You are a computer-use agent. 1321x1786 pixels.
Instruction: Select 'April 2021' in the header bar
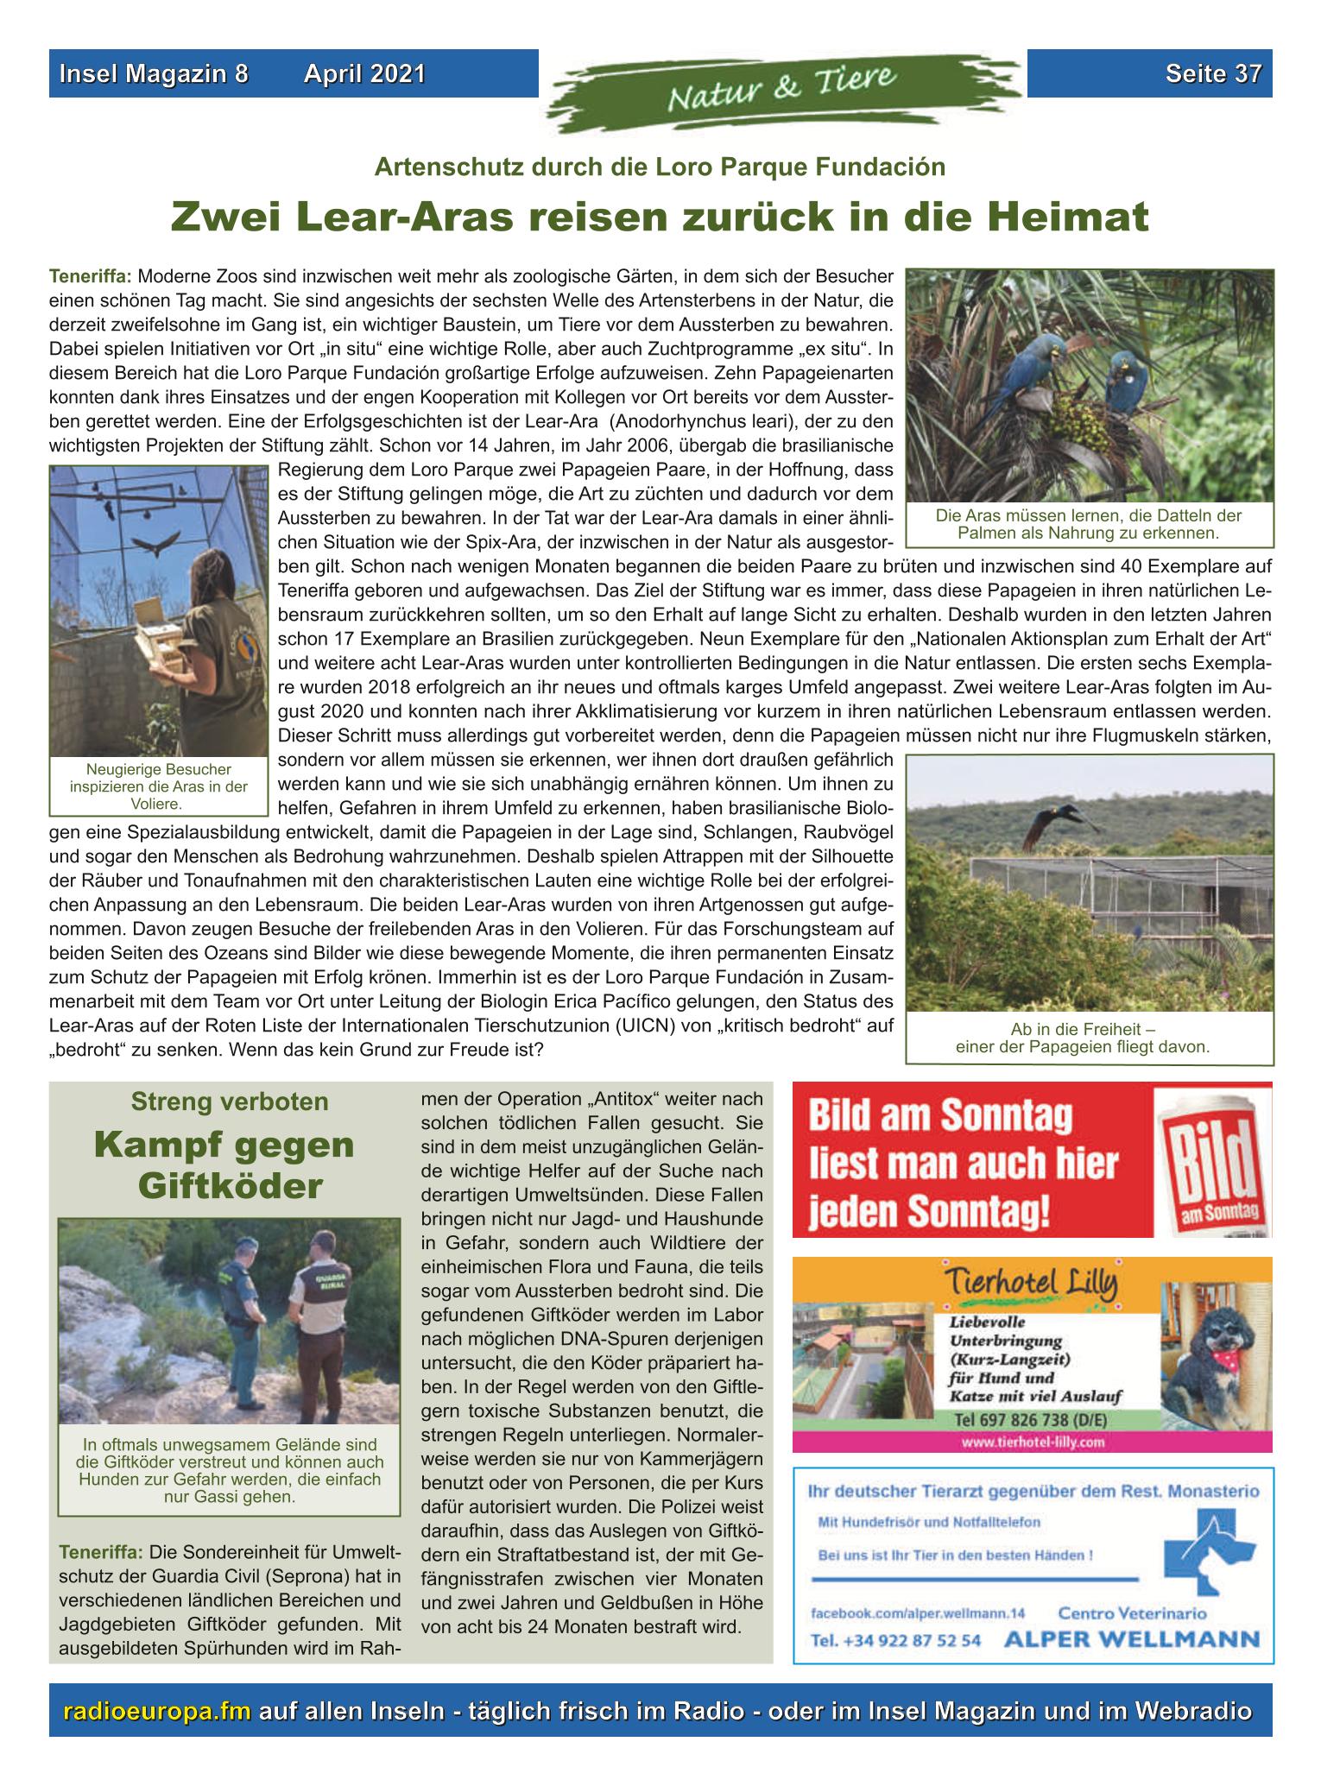364,74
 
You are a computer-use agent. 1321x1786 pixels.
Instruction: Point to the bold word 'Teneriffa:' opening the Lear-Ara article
91,278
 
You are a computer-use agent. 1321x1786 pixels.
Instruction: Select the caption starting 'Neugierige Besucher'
158,786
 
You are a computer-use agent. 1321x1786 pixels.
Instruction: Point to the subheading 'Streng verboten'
229,1102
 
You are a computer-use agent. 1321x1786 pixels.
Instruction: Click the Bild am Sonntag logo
1211,1158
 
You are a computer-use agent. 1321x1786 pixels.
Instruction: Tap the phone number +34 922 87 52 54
894,1640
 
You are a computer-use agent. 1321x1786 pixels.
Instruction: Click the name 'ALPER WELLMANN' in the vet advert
1130,1639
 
